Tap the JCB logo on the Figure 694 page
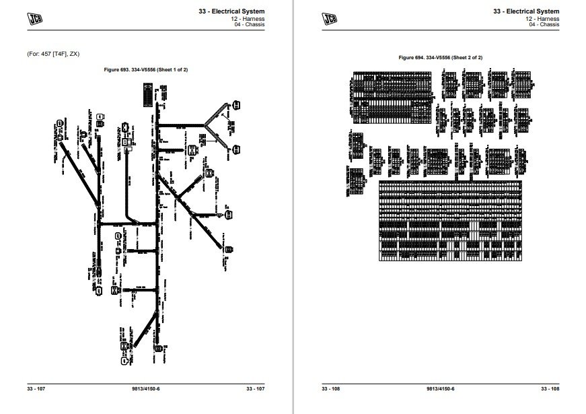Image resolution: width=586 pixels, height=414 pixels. pyautogui.click(x=330, y=18)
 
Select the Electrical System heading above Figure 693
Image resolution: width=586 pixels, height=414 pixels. pyautogui.click(x=233, y=11)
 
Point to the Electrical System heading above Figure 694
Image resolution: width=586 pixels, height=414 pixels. pyautogui.click(x=525, y=11)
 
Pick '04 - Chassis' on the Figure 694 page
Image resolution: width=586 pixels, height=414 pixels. pyautogui.click(x=544, y=25)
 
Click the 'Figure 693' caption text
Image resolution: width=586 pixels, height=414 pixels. pyautogui.click(x=118, y=69)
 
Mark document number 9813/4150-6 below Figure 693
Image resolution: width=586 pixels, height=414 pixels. pyautogui.click(x=145, y=390)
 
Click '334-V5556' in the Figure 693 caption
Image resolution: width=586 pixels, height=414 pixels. pyautogui.click(x=147, y=69)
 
